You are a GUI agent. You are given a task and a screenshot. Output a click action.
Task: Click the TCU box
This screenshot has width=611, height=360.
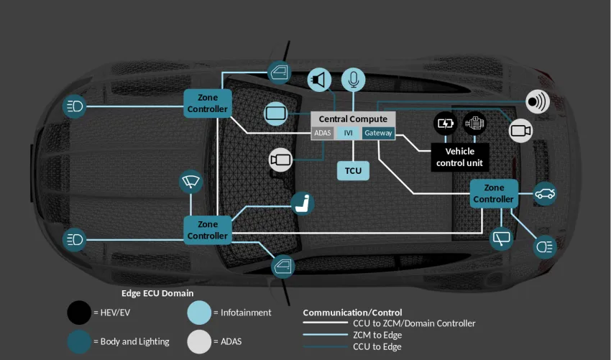pyautogui.click(x=353, y=170)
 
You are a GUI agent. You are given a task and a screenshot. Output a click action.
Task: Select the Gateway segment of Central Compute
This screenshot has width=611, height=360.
pyautogui.click(x=378, y=133)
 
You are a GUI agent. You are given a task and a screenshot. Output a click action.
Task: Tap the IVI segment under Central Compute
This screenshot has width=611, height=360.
pyautogui.click(x=348, y=133)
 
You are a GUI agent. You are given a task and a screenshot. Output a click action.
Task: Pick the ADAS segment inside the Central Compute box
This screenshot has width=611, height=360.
pyautogui.click(x=323, y=133)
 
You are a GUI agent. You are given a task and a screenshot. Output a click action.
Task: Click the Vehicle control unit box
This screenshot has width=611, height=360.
pyautogui.click(x=460, y=157)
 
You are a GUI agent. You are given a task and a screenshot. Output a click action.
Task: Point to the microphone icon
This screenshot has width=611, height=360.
pyautogui.click(x=353, y=79)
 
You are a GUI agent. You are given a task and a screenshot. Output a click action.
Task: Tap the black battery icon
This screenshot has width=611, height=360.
pyautogui.click(x=446, y=123)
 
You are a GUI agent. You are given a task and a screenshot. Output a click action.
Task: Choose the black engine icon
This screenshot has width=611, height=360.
pyautogui.click(x=474, y=123)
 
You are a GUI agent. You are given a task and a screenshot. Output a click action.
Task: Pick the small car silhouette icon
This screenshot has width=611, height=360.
pyautogui.click(x=546, y=193)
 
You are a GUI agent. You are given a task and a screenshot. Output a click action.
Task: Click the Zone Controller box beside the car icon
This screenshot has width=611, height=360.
pyautogui.click(x=494, y=193)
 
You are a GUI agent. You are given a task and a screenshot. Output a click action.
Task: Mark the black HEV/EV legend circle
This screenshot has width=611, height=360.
pyautogui.click(x=79, y=313)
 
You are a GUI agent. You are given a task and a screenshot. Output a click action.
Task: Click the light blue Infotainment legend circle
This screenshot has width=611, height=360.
pyautogui.click(x=199, y=313)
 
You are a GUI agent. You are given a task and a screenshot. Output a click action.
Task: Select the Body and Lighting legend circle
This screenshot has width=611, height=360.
pyautogui.click(x=79, y=341)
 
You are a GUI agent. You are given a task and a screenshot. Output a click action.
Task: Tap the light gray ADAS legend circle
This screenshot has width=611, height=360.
pyautogui.click(x=199, y=341)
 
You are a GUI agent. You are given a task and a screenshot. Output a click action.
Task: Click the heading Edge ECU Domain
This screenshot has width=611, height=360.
pyautogui.click(x=157, y=293)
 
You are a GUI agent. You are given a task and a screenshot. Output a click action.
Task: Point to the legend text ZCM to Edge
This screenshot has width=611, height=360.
pyautogui.click(x=377, y=335)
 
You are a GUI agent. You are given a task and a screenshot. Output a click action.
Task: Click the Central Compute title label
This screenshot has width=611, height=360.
pyautogui.click(x=353, y=119)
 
